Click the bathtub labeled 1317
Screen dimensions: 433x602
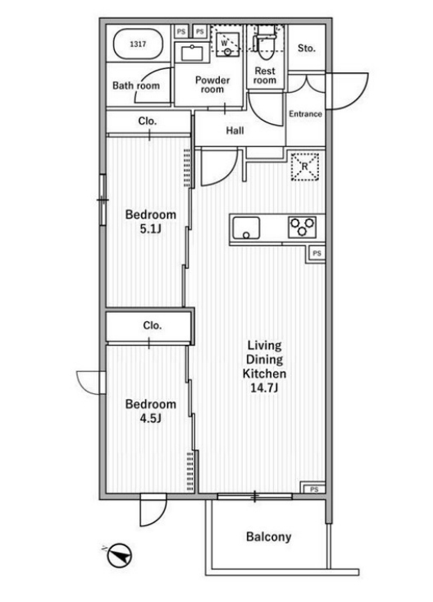click(x=137, y=44)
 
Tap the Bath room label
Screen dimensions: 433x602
click(x=136, y=85)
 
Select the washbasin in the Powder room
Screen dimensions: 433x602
click(x=193, y=53)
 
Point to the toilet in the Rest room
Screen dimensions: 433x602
click(x=267, y=42)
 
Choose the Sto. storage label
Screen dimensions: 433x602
click(x=307, y=48)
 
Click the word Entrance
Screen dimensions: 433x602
click(x=305, y=113)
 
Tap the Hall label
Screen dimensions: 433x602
click(x=235, y=131)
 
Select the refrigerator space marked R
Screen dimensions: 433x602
click(x=305, y=167)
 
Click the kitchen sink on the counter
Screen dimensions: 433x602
click(x=246, y=228)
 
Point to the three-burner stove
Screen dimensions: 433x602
click(x=303, y=227)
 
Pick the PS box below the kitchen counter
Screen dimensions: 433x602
click(x=317, y=254)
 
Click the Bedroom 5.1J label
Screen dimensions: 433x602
click(x=151, y=222)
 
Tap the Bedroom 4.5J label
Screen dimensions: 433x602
click(x=151, y=411)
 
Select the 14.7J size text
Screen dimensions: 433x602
click(x=264, y=388)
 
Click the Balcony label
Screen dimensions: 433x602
click(x=268, y=536)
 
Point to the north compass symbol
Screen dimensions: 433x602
click(x=120, y=555)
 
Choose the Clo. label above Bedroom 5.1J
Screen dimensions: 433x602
click(x=148, y=122)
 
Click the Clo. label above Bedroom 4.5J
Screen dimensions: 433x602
click(x=153, y=325)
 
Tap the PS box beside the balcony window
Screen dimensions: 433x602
click(x=314, y=489)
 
